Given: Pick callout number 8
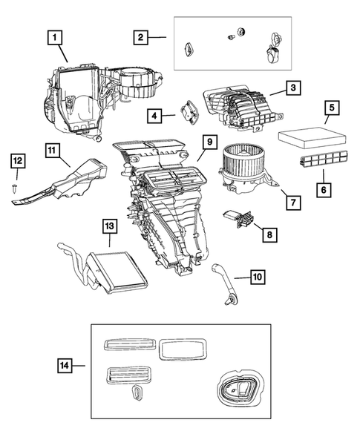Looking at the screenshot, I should pyautogui.click(x=269, y=234).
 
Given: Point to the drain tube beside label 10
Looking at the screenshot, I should pyautogui.click(x=224, y=282).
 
